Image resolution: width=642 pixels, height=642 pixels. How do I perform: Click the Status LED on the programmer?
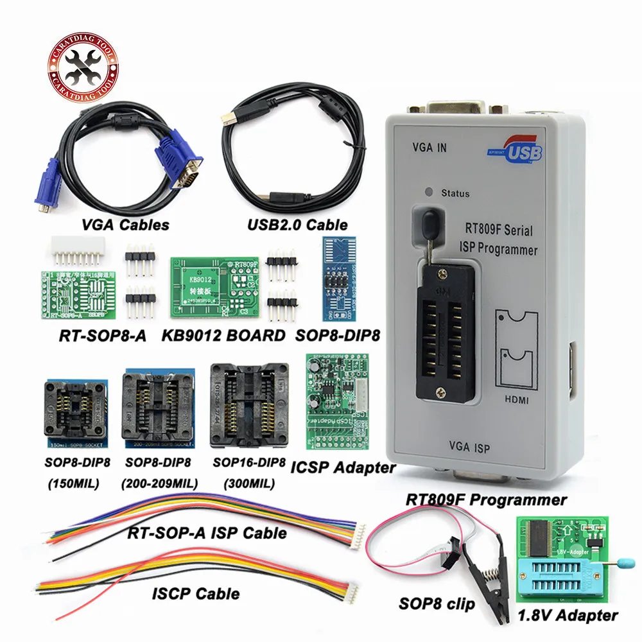coord(427,192)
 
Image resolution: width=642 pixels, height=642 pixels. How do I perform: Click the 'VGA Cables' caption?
coord(126,225)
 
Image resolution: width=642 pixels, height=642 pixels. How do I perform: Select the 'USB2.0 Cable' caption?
coord(297,225)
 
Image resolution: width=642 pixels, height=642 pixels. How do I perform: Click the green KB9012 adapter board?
coord(215,288)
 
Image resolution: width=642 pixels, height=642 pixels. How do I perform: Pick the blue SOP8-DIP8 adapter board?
coord(338,280)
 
